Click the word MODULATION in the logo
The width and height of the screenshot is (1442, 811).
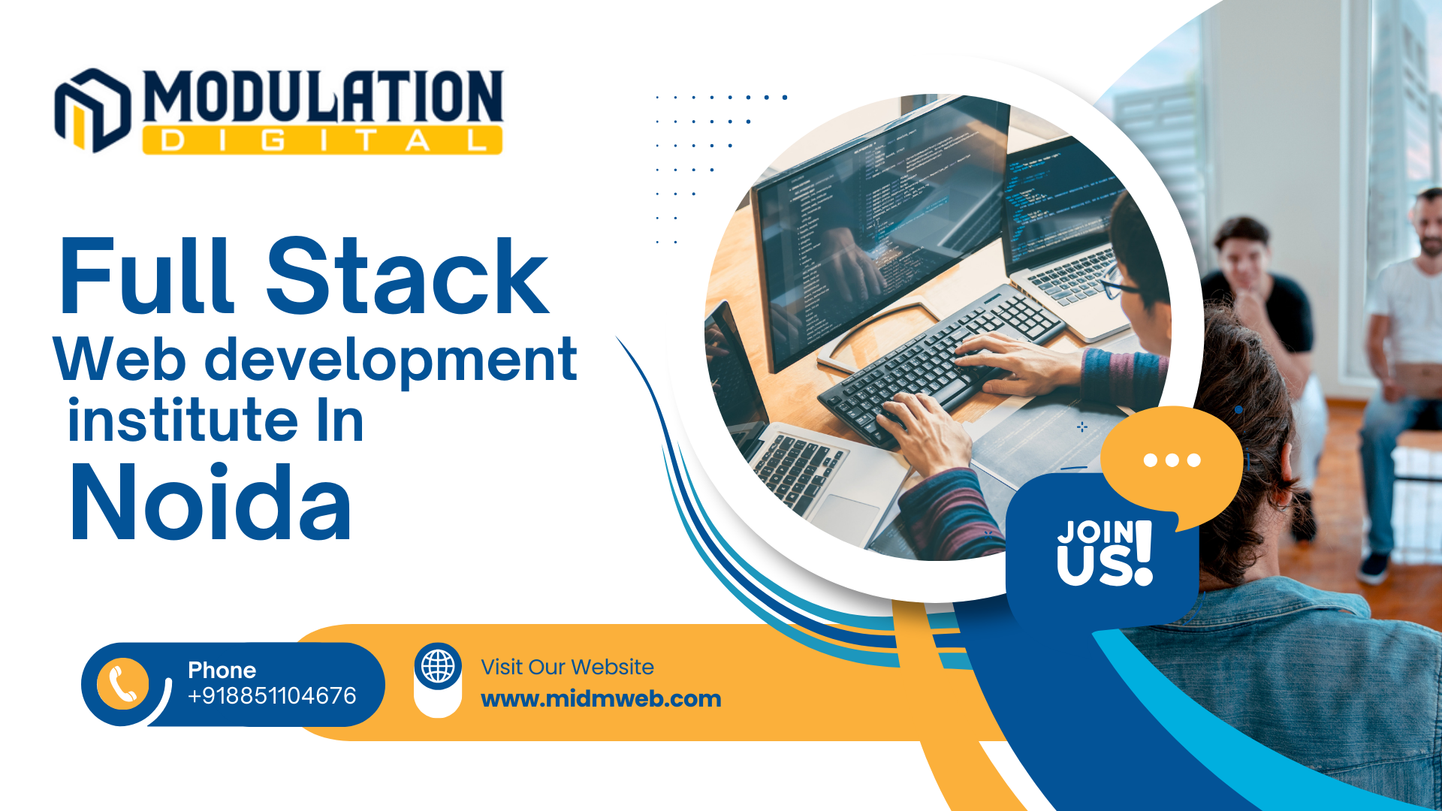tap(323, 97)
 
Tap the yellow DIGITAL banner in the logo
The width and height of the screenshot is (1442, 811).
tap(322, 140)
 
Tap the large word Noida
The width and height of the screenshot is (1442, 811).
tap(210, 502)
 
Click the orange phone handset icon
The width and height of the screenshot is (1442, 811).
tap(122, 684)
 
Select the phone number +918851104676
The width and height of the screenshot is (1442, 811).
tap(272, 695)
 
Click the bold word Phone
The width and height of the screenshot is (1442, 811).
tap(222, 670)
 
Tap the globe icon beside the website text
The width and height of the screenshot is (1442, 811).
tap(438, 666)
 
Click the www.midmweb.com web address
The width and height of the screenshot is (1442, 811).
tap(601, 698)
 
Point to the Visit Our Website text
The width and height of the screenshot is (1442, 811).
tap(567, 667)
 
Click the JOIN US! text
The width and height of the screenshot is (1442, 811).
tap(1105, 553)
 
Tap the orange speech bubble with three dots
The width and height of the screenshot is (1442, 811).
tap(1172, 460)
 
